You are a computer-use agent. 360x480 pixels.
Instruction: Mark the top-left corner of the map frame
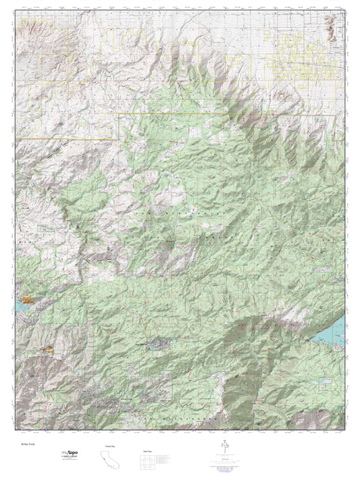(16, 11)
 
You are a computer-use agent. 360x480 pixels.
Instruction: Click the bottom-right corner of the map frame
(344, 430)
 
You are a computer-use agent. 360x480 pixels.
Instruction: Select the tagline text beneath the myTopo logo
(74, 460)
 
